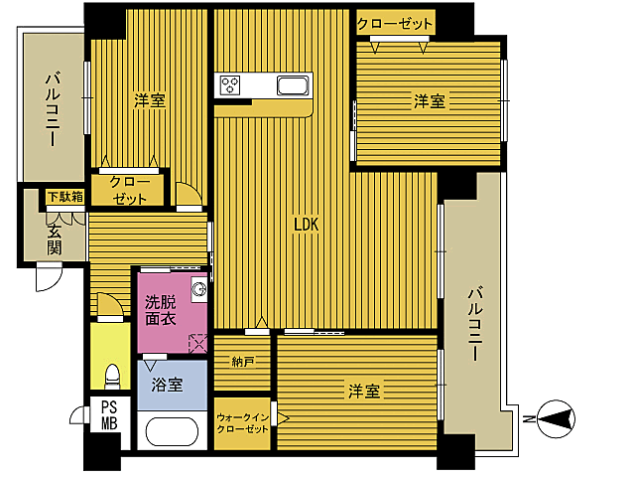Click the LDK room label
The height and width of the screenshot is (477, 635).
pos(305,226)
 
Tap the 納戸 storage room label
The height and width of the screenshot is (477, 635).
pos(242,362)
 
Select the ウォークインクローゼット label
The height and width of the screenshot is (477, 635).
pos(242,423)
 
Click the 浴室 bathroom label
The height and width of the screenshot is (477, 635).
pos(167,385)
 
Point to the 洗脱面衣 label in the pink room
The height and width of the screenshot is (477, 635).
pos(160,310)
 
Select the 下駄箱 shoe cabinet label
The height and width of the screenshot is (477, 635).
pos(65,197)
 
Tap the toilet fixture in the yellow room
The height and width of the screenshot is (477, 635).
pos(112,375)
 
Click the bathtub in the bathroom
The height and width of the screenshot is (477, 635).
pos(173,431)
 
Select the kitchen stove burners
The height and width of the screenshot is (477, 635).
pos(232,84)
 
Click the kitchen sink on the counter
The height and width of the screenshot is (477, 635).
pos(294,84)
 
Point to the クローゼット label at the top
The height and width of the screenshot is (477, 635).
pos(395,24)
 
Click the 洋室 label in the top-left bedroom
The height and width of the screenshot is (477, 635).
pos(150,99)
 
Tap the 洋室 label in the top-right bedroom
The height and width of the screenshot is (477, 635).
pos(429,100)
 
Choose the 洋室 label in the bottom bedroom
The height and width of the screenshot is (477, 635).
pos(363,391)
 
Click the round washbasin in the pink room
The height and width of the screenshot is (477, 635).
pos(197,290)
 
